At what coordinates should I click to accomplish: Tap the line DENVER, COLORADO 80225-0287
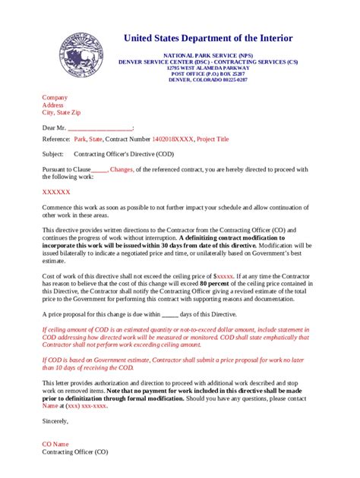(207, 79)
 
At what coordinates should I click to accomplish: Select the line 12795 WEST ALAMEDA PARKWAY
(207, 68)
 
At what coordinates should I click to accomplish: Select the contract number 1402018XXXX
(172, 140)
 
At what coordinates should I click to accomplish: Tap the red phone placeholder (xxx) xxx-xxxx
(86, 405)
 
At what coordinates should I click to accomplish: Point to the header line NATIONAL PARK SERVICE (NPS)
(207, 55)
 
